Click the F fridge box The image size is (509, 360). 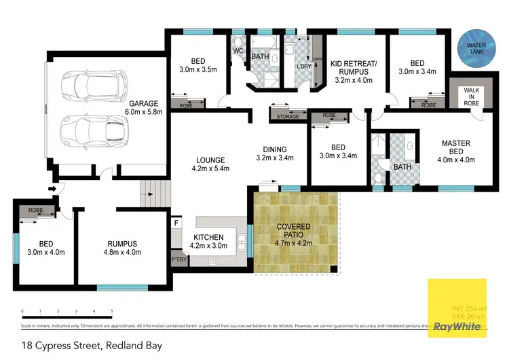click(x=176, y=223)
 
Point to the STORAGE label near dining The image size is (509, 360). click(x=287, y=117)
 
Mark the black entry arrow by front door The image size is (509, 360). click(x=52, y=190)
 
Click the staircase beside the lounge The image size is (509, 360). click(x=149, y=196)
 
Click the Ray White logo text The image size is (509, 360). click(x=458, y=327)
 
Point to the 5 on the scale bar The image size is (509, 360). click(x=111, y=311)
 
